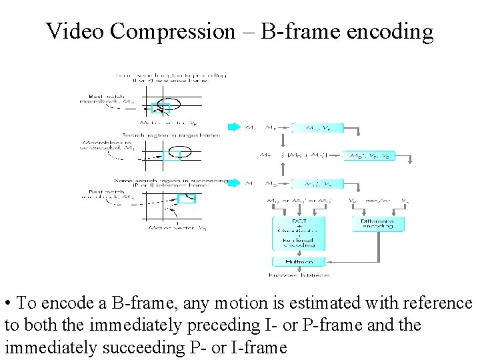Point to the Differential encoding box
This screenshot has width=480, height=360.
(377, 223)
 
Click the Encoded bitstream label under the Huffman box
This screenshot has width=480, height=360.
(298, 274)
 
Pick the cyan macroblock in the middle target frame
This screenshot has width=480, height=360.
(171, 155)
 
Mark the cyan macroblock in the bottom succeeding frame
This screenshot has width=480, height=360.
(187, 198)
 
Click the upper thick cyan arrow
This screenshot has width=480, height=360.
(233, 127)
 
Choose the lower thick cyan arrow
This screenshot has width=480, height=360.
(233, 183)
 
